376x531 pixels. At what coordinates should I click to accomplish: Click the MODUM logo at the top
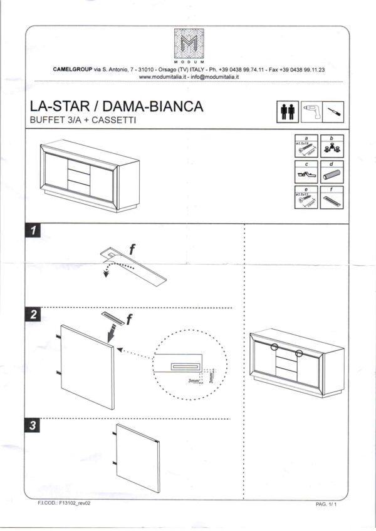point(189,46)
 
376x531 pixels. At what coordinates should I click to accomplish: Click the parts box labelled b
point(332,147)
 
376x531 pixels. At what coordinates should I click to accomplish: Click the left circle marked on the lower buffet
point(274,346)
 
